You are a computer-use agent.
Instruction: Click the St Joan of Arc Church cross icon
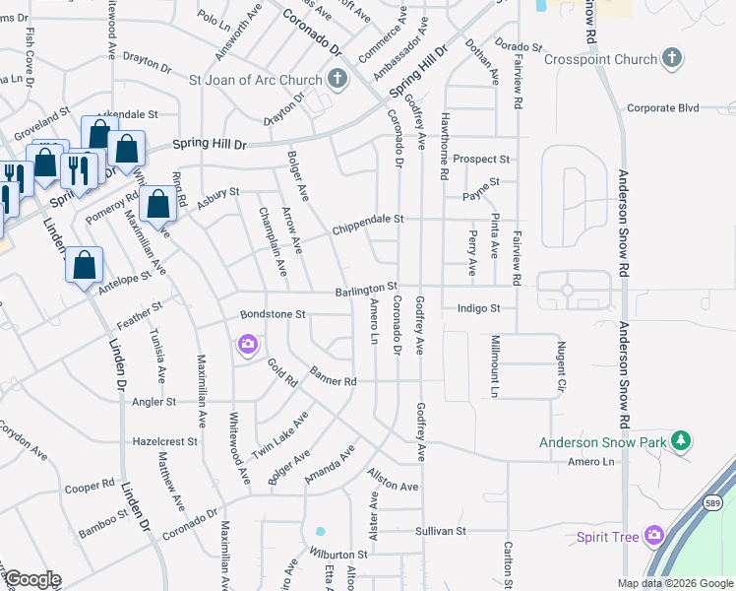pyautogui.click(x=337, y=80)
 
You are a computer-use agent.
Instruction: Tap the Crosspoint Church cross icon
pyautogui.click(x=672, y=59)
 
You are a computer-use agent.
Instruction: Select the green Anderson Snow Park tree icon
pyautogui.click(x=680, y=442)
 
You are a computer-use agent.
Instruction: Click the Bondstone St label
pyautogui.click(x=275, y=314)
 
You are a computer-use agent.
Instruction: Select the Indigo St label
pyautogui.click(x=479, y=308)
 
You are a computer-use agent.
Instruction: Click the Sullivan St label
pyautogui.click(x=441, y=531)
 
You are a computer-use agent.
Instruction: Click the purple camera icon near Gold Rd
pyautogui.click(x=247, y=344)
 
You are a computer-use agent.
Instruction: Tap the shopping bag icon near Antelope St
pyautogui.click(x=85, y=265)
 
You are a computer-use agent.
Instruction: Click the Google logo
pyautogui.click(x=32, y=579)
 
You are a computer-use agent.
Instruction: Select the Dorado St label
pyautogui.click(x=518, y=46)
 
